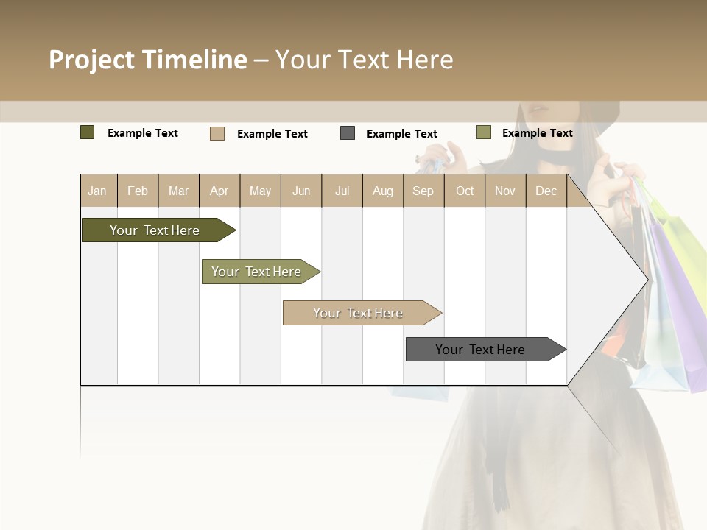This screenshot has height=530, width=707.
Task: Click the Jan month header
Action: click(97, 191)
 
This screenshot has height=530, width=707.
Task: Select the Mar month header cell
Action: click(178, 191)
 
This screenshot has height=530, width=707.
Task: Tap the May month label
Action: click(260, 191)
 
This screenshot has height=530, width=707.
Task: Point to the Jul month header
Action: click(342, 191)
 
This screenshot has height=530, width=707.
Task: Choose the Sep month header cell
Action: click(423, 191)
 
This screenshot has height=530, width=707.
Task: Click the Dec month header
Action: click(546, 191)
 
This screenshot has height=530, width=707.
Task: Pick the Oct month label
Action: click(465, 191)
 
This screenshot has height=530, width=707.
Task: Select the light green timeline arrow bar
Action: click(258, 272)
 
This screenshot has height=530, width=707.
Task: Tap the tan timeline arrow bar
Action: click(359, 313)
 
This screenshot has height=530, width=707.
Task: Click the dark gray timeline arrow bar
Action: click(483, 350)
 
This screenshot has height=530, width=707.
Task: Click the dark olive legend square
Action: click(88, 132)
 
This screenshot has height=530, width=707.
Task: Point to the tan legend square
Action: click(217, 133)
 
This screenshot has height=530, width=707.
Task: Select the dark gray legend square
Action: click(348, 133)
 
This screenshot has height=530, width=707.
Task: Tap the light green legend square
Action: click(484, 132)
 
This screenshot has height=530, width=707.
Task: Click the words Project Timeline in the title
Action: click(148, 60)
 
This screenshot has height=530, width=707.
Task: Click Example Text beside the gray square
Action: click(402, 134)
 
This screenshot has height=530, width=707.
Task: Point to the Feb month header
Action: click(138, 191)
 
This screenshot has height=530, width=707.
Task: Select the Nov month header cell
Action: click(505, 191)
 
